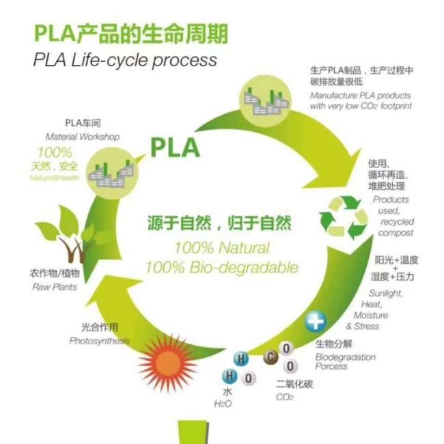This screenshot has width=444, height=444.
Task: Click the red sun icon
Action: (167, 363)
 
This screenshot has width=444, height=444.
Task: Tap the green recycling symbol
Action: (344, 217)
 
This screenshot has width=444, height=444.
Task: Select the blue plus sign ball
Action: (316, 322)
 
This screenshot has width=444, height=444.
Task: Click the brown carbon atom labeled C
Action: (270, 357)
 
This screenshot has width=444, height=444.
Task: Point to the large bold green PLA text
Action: (175, 148)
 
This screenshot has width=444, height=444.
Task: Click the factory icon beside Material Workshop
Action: (113, 173)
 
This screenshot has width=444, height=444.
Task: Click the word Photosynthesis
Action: (100, 341)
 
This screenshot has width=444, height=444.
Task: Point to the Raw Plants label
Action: (55, 287)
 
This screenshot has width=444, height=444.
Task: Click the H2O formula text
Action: (223, 404)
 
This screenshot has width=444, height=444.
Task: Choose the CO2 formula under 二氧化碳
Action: (284, 397)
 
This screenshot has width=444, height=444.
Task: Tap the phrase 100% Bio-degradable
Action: (222, 268)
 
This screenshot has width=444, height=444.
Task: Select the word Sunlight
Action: (386, 293)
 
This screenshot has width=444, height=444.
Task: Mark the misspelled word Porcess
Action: (331, 366)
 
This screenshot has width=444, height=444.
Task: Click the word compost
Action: (396, 233)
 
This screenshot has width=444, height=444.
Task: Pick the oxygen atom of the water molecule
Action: (249, 378)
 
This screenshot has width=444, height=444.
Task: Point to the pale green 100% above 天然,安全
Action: (55, 152)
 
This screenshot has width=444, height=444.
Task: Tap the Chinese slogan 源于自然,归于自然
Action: (219, 223)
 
